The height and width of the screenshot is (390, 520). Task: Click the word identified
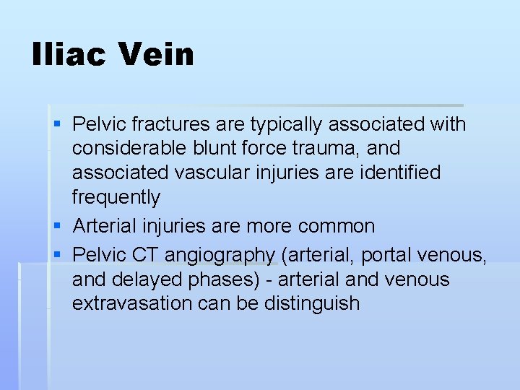399,173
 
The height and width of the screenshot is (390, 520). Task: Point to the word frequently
116,197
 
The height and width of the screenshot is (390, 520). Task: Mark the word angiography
220,256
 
